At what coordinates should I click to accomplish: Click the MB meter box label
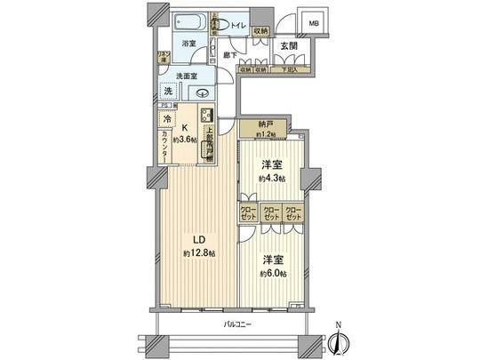click(314, 25)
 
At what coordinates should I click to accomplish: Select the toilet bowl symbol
click(223, 26)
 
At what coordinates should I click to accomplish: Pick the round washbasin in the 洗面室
click(204, 91)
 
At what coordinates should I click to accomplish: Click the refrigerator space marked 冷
click(167, 117)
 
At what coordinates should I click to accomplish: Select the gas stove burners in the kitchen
click(206, 116)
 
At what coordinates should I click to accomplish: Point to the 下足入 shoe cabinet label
click(289, 69)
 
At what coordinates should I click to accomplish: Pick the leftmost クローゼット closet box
click(247, 213)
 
